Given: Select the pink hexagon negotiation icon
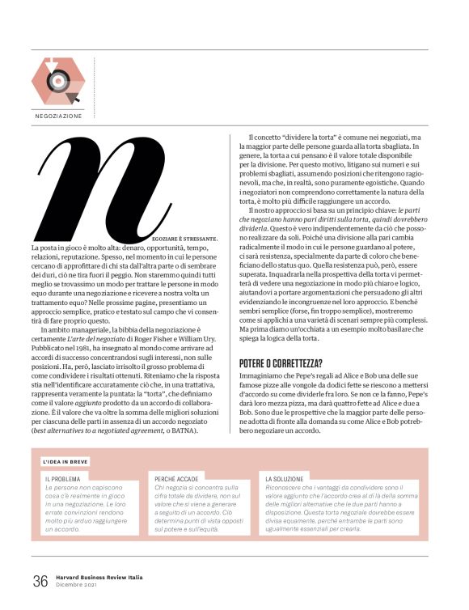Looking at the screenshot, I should (57, 81).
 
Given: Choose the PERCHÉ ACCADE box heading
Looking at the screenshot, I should (177, 479).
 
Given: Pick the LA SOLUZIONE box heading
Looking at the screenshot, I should (287, 479).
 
